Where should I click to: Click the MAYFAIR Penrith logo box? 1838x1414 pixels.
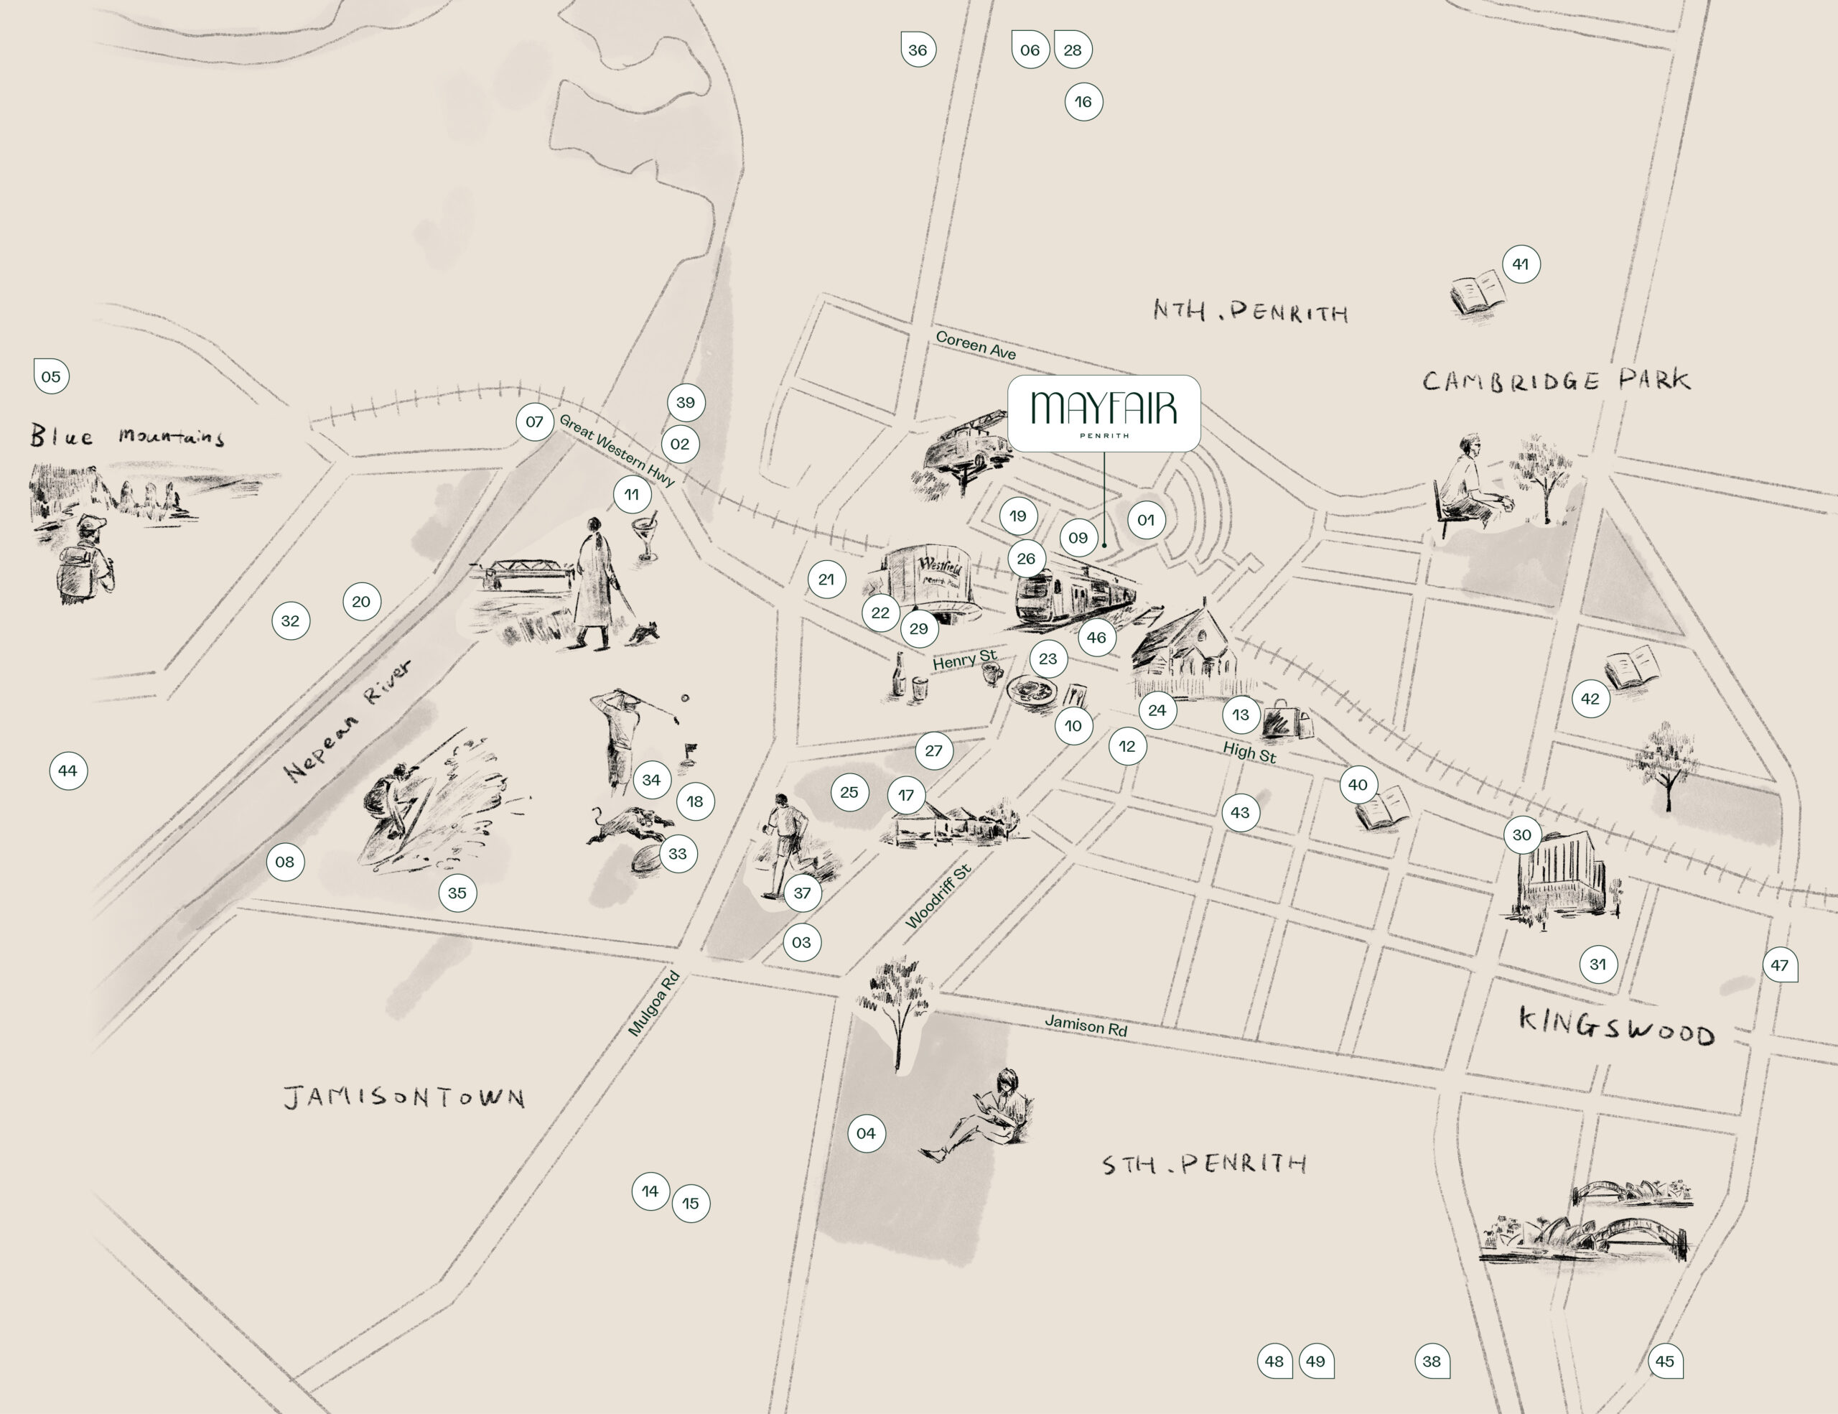pos(1104,413)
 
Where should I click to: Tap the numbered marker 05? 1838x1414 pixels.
pos(52,376)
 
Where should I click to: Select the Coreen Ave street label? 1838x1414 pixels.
pos(976,346)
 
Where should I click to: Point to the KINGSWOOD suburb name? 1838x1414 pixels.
pos(1616,1028)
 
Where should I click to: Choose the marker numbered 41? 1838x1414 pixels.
pos(1520,264)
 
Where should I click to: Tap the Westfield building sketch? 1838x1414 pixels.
pos(930,581)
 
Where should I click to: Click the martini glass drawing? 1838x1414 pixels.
pos(646,534)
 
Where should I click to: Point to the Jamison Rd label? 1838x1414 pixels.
pos(1086,1025)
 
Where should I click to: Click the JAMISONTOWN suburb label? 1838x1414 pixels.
pos(404,1097)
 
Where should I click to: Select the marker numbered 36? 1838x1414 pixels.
pos(918,50)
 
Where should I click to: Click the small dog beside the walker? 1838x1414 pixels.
pos(646,632)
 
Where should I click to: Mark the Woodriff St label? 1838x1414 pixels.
pos(938,896)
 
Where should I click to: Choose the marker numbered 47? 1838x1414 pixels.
pos(1779,965)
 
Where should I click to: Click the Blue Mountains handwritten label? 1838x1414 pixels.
pos(126,436)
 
